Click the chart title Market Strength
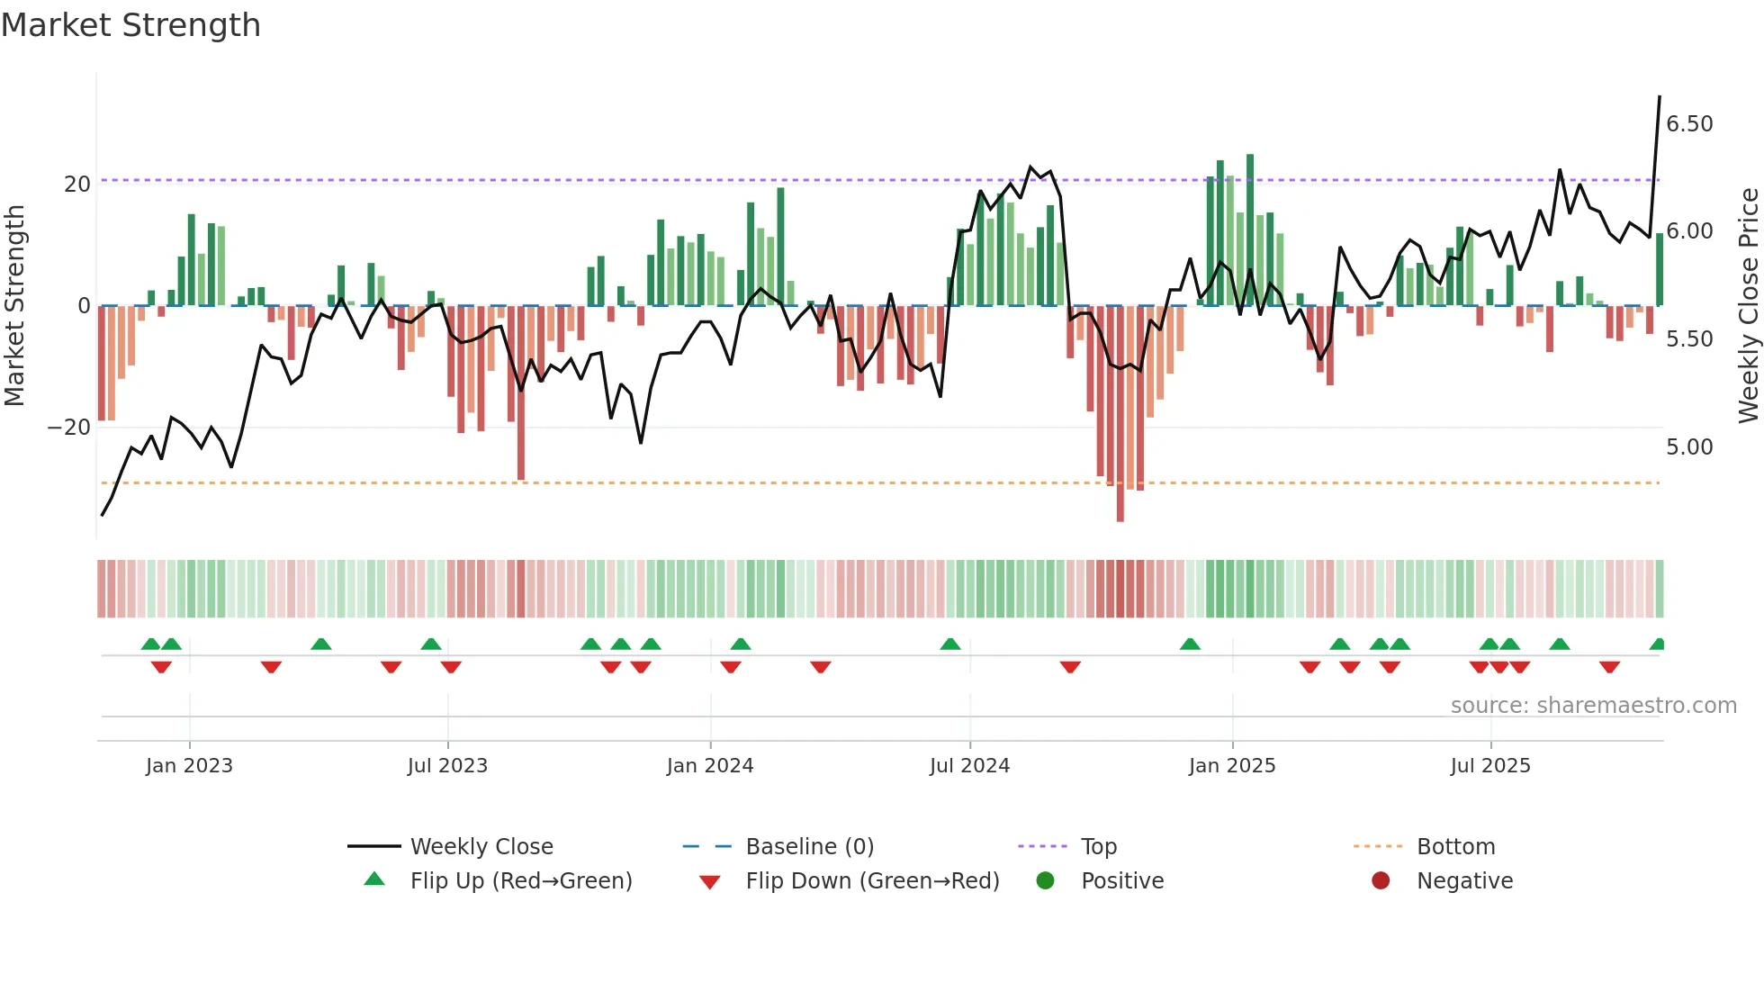[x=130, y=25]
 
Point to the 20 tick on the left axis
[x=77, y=185]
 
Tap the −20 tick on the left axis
[x=70, y=428]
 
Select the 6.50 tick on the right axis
[x=1689, y=124]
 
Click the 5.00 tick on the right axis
[x=1689, y=447]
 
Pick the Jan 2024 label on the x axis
[x=709, y=766]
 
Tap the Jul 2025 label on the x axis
[x=1489, y=766]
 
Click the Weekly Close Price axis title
[x=1748, y=306]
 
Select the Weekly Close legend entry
[x=481, y=847]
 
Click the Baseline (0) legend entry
[x=809, y=847]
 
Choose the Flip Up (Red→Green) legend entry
[x=520, y=881]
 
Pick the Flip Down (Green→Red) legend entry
[x=871, y=881]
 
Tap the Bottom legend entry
[x=1454, y=847]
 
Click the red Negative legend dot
[x=1381, y=880]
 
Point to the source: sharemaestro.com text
[x=1593, y=706]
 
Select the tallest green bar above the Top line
[x=1250, y=167]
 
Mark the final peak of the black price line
[x=1660, y=97]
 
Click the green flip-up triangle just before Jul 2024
[x=950, y=644]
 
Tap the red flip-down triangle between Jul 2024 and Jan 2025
[x=1070, y=667]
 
